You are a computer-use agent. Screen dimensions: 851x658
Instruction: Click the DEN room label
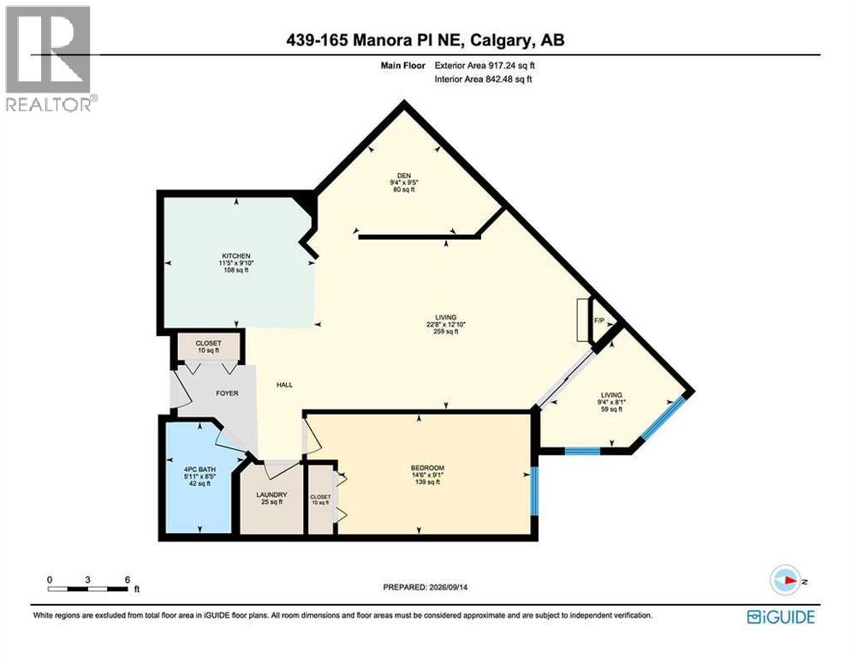pyautogui.click(x=404, y=176)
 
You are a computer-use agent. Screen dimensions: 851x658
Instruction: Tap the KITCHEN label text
pyautogui.click(x=236, y=256)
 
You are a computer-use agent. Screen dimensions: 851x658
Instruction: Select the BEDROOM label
pyautogui.click(x=428, y=468)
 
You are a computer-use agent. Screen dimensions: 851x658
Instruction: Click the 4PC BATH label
pyautogui.click(x=199, y=470)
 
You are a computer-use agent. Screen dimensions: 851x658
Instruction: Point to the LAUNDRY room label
pyautogui.click(x=272, y=495)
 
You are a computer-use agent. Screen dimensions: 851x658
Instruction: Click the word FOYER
pyautogui.click(x=227, y=393)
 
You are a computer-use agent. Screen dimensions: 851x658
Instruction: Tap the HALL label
pyautogui.click(x=284, y=385)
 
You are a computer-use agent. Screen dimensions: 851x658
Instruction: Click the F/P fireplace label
pyautogui.click(x=599, y=320)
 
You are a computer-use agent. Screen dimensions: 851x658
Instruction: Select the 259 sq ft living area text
pyautogui.click(x=445, y=332)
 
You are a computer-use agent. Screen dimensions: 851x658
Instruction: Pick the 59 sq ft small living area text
pyautogui.click(x=611, y=410)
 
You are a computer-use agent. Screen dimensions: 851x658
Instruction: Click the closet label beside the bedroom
pyautogui.click(x=320, y=497)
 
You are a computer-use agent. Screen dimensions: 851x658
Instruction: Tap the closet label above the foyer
pyautogui.click(x=208, y=344)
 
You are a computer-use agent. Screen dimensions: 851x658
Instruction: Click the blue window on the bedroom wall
pyautogui.click(x=534, y=491)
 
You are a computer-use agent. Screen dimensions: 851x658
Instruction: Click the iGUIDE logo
pyautogui.click(x=781, y=617)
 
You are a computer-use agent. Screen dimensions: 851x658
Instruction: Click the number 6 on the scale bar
pyautogui.click(x=128, y=579)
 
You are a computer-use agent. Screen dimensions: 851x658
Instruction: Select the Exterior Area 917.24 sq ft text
pyautogui.click(x=485, y=65)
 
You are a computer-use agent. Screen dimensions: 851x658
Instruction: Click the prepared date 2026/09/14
pyautogui.click(x=449, y=587)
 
